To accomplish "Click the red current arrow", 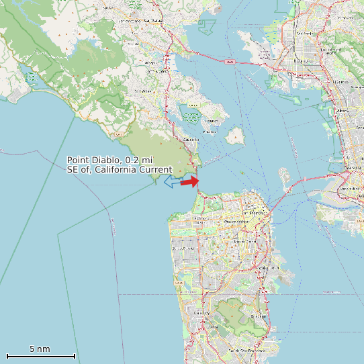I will tap(190, 181).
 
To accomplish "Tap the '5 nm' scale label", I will tap(40, 349).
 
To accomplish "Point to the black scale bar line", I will tap(40, 356).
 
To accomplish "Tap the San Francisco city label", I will tap(254, 212).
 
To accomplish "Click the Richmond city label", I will tap(306, 60).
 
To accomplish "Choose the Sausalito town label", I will tap(191, 139).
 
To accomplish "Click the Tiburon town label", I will tap(211, 121).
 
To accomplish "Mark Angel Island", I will tap(235, 136).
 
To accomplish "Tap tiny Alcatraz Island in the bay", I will tap(240, 173).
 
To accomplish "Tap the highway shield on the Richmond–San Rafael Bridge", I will tap(230, 62).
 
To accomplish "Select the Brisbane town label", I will tap(259, 316).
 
